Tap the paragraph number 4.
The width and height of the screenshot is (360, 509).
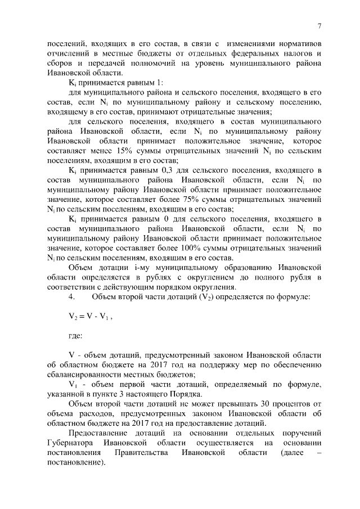[x=70, y=296]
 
